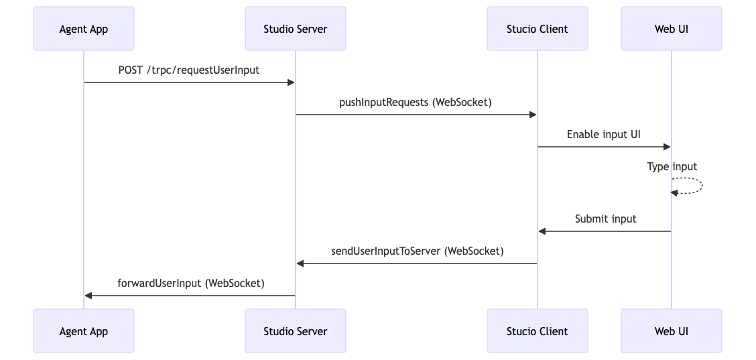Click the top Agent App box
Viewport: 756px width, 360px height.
[x=84, y=29]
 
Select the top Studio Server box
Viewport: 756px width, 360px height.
[x=295, y=29]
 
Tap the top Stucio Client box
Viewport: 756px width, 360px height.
[x=537, y=29]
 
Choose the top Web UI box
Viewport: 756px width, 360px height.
[x=671, y=29]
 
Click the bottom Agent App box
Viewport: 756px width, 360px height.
[x=84, y=331]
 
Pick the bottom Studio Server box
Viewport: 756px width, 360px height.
[x=295, y=331]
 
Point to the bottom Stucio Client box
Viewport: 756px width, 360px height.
[x=537, y=331]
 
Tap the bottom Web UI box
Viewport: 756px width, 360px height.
[x=671, y=331]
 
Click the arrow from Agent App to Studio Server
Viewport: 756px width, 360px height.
[x=189, y=82]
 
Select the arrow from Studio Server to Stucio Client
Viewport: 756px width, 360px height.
[x=416, y=115]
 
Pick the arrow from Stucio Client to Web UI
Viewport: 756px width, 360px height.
[x=603, y=147]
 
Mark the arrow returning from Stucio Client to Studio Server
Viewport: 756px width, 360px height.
[x=416, y=265]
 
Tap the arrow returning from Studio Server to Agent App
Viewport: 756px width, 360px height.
[x=189, y=297]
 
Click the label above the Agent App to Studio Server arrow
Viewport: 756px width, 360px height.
[x=190, y=70]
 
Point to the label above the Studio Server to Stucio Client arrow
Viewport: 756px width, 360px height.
[x=416, y=102]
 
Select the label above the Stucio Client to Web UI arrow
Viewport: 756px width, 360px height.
[x=603, y=134]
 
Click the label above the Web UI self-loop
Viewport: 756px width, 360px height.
[x=673, y=166]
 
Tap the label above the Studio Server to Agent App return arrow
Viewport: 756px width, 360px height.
[x=192, y=284]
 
